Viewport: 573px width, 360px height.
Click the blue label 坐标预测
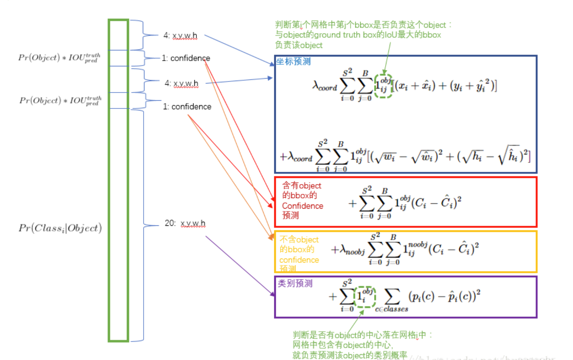coord(293,62)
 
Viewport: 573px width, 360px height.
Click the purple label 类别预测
coord(295,283)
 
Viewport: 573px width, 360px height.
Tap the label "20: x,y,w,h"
coord(185,223)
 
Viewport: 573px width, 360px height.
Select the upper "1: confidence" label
coord(186,58)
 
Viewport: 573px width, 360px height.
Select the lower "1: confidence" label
coord(187,107)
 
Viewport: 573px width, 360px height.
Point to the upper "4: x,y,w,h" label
coord(180,36)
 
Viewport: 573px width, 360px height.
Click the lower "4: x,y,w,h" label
coord(181,83)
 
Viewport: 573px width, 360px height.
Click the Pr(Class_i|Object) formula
coord(60,228)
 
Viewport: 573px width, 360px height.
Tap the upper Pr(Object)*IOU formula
coord(59,58)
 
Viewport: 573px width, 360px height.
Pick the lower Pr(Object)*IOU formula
coord(61,101)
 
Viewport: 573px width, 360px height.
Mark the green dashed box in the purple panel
coord(365,297)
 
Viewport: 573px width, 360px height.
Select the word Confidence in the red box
coord(302,206)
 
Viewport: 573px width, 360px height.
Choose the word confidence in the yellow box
coord(299,260)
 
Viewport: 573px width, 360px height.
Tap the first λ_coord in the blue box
coord(325,86)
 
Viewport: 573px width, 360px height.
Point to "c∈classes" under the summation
coord(392,309)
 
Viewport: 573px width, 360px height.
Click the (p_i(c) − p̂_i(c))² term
coord(444,296)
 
